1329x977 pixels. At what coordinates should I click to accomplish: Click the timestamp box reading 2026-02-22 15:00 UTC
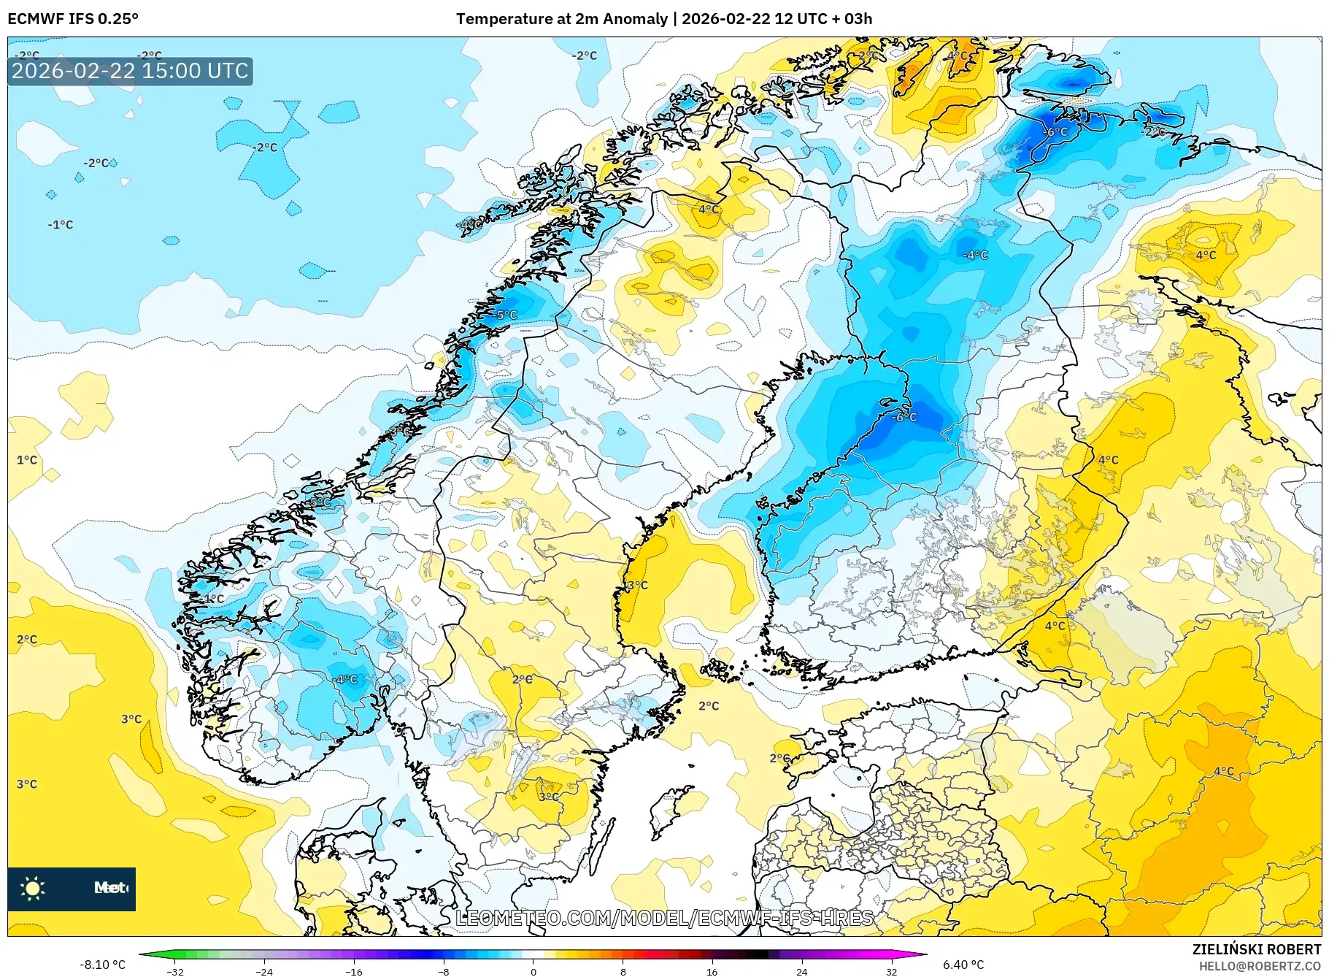[x=130, y=71]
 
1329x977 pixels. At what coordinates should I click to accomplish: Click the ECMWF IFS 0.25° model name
[x=73, y=19]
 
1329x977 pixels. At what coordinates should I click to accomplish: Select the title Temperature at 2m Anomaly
[x=561, y=19]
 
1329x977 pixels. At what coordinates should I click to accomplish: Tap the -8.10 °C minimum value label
[x=102, y=965]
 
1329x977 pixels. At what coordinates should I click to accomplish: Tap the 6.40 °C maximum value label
[x=963, y=965]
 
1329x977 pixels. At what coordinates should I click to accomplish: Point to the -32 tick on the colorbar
[x=175, y=971]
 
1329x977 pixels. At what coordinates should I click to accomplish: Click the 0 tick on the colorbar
[x=533, y=971]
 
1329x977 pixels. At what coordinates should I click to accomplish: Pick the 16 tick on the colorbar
[x=712, y=971]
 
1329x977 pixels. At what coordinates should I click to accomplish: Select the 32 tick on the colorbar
[x=891, y=971]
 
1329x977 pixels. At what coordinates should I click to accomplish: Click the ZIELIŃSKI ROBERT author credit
[x=1257, y=949]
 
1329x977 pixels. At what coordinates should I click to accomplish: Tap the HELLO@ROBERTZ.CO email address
[x=1260, y=966]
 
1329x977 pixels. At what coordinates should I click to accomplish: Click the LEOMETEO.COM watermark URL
[x=664, y=918]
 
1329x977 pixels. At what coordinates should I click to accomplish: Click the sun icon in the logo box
[x=33, y=888]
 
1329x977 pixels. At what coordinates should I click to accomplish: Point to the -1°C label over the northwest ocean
[x=61, y=225]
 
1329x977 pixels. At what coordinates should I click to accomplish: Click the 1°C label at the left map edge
[x=26, y=460]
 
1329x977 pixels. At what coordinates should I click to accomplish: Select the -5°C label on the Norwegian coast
[x=506, y=315]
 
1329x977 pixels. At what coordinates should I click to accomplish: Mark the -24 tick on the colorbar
[x=264, y=971]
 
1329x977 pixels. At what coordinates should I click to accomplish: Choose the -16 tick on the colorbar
[x=354, y=971]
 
